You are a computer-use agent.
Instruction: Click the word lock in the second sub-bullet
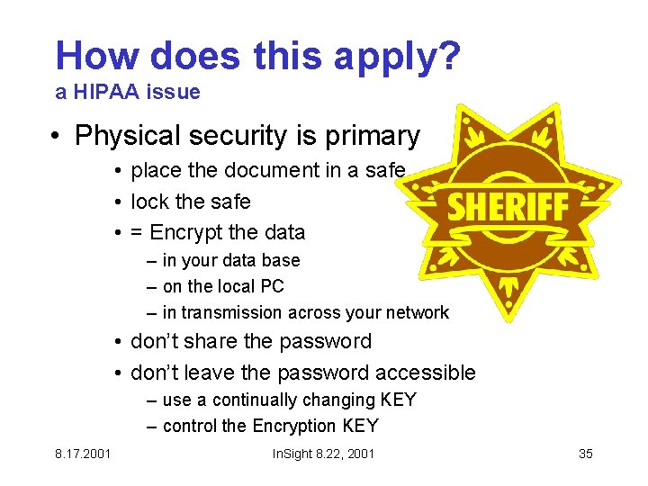[x=150, y=201]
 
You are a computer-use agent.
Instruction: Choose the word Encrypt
[x=186, y=232]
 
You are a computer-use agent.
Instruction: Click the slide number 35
[x=585, y=453]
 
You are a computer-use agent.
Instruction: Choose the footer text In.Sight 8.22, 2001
[x=323, y=453]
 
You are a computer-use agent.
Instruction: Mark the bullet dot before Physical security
[x=57, y=137]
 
